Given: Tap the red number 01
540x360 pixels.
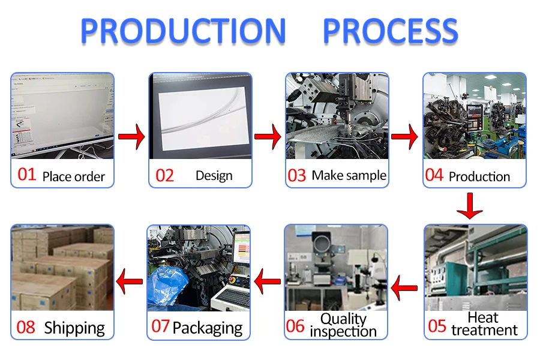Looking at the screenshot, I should click(x=27, y=175).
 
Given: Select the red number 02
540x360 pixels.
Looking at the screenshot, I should click(x=164, y=176).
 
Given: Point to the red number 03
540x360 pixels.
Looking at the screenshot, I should click(x=297, y=176).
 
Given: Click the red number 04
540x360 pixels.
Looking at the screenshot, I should click(x=434, y=175).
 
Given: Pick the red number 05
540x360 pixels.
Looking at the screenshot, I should click(x=437, y=326).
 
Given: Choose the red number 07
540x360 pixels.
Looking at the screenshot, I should click(x=160, y=326).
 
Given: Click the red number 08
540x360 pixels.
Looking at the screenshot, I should click(x=26, y=328).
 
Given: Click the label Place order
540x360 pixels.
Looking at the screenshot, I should click(x=73, y=176).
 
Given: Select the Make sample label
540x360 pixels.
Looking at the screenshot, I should click(x=349, y=176).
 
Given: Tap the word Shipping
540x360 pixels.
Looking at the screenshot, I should click(x=74, y=328).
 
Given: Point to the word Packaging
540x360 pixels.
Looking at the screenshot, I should click(x=207, y=328).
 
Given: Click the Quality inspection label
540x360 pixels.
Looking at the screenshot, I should click(x=343, y=325).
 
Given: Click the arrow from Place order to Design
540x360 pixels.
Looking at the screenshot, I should click(x=131, y=137).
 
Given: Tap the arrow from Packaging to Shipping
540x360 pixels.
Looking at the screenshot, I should click(x=129, y=280).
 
